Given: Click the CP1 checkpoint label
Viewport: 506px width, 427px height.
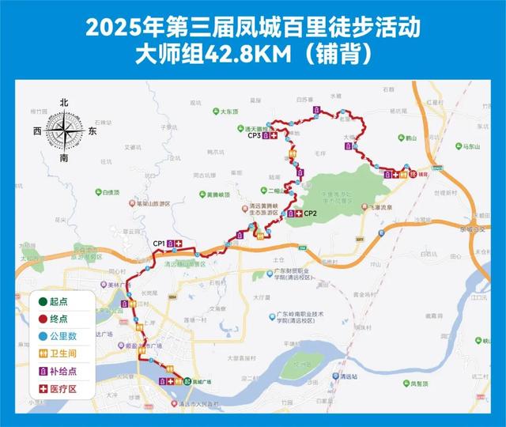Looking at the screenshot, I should click(x=159, y=243).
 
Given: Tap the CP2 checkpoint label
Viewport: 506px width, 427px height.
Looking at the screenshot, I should click(x=311, y=213).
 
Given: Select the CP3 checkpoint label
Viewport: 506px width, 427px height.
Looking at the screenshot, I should click(x=254, y=136).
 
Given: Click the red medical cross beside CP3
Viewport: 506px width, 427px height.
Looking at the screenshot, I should click(x=274, y=136).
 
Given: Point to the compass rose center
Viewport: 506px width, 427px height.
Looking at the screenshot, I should click(x=64, y=130).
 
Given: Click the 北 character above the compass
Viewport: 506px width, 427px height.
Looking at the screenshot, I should click(x=64, y=102).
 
